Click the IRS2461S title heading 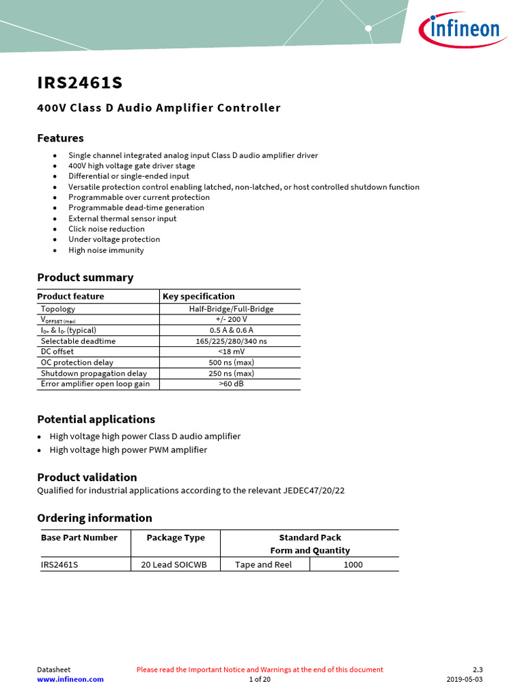point(80,83)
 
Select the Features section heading point(60,138)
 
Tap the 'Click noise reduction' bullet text point(106,229)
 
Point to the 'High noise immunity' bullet point(106,250)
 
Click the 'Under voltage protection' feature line point(114,239)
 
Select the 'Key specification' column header point(198,296)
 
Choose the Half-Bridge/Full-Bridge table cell point(231,308)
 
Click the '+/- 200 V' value point(231,319)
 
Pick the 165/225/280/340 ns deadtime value point(231,341)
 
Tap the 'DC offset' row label point(57,352)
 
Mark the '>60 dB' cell point(231,384)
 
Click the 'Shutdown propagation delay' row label point(93,373)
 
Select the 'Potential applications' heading point(95,419)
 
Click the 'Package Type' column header point(175,537)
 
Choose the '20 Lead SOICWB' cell point(175,565)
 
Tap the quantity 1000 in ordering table point(353,565)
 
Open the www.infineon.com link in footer point(70,679)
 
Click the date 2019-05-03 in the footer point(464,679)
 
